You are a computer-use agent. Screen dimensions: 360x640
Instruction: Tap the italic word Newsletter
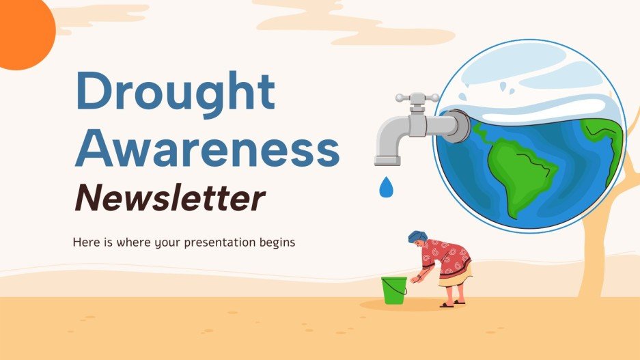pyautogui.click(x=169, y=198)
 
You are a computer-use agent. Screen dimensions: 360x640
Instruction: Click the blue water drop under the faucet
pyautogui.click(x=387, y=186)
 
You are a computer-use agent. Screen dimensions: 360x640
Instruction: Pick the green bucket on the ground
pyautogui.click(x=394, y=290)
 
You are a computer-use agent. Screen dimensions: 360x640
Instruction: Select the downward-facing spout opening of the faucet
pyautogui.click(x=386, y=161)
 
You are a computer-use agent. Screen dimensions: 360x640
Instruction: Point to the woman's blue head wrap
pyautogui.click(x=417, y=237)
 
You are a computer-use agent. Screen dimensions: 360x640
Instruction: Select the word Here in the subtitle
pyautogui.click(x=83, y=243)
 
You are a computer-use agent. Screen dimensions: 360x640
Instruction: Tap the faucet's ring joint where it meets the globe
pyautogui.click(x=460, y=127)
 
